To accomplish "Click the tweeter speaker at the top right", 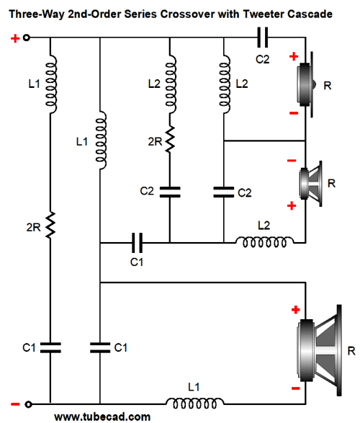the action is pos(306,84).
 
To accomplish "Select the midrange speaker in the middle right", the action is pos(311,184).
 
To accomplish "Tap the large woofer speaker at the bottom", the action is pos(319,350).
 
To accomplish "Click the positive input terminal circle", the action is pos(26,37).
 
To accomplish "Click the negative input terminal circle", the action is pos(28,404).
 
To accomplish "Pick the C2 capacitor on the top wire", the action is pos(263,37).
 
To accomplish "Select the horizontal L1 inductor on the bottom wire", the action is pos(194,404).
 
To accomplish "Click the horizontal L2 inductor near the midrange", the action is pos(265,241).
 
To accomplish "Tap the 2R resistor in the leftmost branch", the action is pos(50,226).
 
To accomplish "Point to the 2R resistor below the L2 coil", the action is pos(170,140).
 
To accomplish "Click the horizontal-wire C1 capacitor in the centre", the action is pos(137,243).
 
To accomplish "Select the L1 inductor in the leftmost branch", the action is pos(50,84).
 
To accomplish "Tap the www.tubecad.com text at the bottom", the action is pos(102,417).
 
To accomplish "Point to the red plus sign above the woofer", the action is pos(296,309).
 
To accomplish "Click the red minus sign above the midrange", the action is pos(292,161).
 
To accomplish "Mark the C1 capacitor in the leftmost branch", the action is pos(50,348).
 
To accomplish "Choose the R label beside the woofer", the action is pos(351,351).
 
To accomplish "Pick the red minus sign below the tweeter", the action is pos(294,113).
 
